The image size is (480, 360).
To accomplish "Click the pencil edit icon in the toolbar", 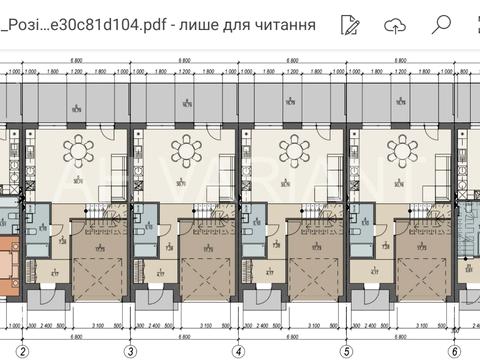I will click(349, 24).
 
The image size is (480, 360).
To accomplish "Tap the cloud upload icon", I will click(395, 24).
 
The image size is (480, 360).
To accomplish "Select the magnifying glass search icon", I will click(441, 24).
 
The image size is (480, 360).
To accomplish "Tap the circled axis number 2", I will click(21, 351).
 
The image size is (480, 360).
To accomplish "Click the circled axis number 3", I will click(129, 351).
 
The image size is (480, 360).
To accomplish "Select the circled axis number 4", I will click(238, 351).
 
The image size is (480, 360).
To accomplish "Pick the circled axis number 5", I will click(347, 351).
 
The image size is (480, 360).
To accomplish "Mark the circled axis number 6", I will click(455, 351).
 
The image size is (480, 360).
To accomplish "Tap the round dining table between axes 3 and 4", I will click(185, 152).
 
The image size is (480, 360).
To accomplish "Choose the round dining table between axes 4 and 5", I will click(293, 152).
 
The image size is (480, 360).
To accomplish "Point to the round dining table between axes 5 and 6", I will click(402, 152).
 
